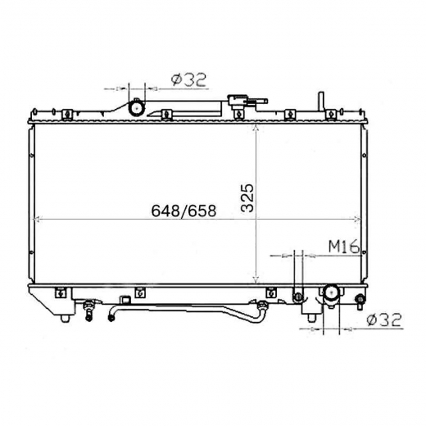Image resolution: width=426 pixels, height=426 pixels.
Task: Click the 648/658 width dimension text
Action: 184,211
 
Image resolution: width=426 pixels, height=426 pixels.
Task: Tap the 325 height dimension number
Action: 248,198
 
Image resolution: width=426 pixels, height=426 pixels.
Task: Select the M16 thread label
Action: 343,247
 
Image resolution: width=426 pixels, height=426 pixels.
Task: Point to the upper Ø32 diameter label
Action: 188,79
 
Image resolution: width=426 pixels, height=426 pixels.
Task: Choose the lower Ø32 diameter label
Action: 384,319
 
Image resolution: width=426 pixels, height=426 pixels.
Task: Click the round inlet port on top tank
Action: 137,108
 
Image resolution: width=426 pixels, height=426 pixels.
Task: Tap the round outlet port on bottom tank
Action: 331,294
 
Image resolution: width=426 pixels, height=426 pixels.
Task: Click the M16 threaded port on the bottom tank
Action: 298,297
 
